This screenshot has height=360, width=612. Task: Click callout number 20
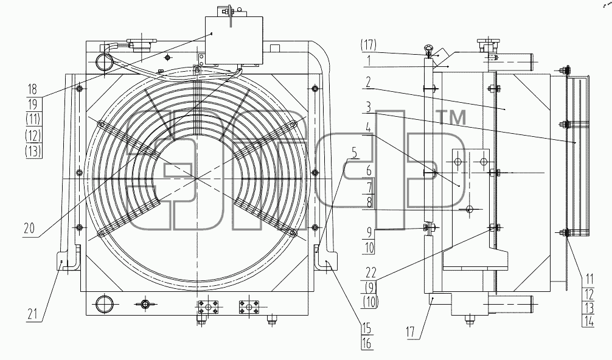[x=29, y=228]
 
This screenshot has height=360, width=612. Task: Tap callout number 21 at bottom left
[x=33, y=314]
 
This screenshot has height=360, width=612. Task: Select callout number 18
[x=32, y=89]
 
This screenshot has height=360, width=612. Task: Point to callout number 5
[x=354, y=153]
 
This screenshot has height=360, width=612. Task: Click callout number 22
[x=370, y=272]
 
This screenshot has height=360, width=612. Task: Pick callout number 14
[x=589, y=321]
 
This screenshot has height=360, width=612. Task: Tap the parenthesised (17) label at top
[x=369, y=45]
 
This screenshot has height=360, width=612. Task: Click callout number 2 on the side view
[x=368, y=82]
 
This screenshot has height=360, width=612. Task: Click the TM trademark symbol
[x=453, y=117]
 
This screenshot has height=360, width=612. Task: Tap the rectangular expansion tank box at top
[x=234, y=40]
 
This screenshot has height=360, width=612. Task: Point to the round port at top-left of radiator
[x=104, y=62]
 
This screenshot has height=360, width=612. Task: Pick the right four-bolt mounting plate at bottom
[x=249, y=306]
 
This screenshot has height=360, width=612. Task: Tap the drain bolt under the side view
[x=470, y=320]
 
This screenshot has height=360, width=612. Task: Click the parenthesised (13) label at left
[x=33, y=151]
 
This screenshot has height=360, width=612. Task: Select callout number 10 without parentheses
[x=369, y=247]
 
